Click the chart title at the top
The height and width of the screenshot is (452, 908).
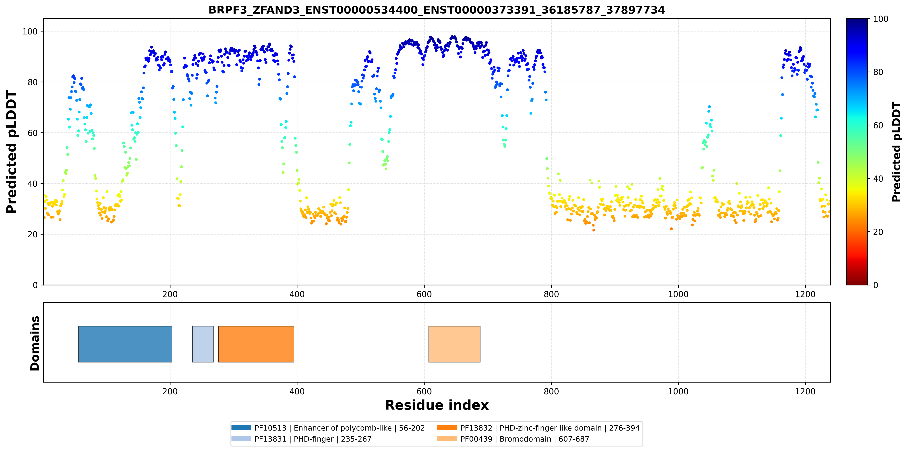tap(437, 10)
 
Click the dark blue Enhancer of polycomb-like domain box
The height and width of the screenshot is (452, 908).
tap(125, 344)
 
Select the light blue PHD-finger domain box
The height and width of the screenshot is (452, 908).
tap(203, 344)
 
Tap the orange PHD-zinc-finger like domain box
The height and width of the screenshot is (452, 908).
tap(256, 344)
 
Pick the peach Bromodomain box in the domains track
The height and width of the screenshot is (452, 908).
tap(454, 344)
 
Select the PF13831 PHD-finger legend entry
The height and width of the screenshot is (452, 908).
tap(301, 439)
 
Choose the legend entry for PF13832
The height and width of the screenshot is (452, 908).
tap(538, 428)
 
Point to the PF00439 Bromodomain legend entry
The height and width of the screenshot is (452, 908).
tap(513, 439)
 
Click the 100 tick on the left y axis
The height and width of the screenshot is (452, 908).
tap(30, 31)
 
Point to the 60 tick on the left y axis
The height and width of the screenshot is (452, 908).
tap(32, 133)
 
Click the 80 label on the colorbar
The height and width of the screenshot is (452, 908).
tap(878, 72)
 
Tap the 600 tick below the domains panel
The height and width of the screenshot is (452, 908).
tap(424, 391)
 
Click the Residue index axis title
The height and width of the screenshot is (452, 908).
tap(437, 405)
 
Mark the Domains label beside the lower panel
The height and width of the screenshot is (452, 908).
tap(35, 343)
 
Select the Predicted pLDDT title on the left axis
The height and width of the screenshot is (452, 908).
tap(12, 152)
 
